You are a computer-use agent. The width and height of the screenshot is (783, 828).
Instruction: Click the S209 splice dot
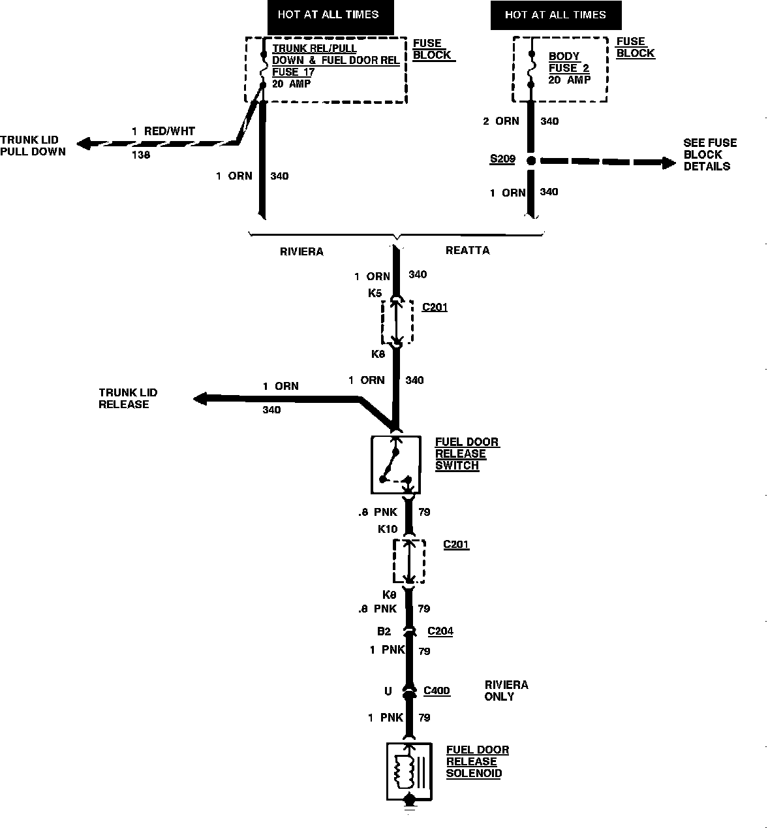click(x=531, y=160)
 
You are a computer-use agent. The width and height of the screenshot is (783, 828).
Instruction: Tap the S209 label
click(x=502, y=159)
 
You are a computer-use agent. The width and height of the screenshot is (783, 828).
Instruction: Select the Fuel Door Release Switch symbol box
click(x=395, y=465)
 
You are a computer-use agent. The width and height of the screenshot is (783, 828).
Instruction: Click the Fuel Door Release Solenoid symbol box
click(x=409, y=771)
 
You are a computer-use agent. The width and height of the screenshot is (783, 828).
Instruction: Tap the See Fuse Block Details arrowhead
click(x=669, y=163)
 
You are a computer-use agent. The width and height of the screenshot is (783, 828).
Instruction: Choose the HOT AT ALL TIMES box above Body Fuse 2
click(x=555, y=16)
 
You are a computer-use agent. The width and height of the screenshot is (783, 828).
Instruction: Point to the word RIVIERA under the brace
click(x=301, y=251)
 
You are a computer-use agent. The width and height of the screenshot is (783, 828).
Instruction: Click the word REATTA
click(x=467, y=251)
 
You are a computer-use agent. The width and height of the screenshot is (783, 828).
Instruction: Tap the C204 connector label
click(x=440, y=631)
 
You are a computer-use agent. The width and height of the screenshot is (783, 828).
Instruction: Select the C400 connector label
click(x=437, y=691)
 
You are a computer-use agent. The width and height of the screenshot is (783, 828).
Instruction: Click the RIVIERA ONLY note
click(x=506, y=691)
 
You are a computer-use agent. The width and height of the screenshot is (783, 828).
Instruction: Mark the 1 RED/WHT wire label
click(x=163, y=131)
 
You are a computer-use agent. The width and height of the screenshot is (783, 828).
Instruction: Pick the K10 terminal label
click(x=388, y=529)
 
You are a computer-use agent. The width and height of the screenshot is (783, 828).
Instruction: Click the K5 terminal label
click(x=375, y=293)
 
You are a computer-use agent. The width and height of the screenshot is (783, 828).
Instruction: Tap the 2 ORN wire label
click(x=500, y=121)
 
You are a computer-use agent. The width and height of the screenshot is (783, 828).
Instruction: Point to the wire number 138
click(x=141, y=155)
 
